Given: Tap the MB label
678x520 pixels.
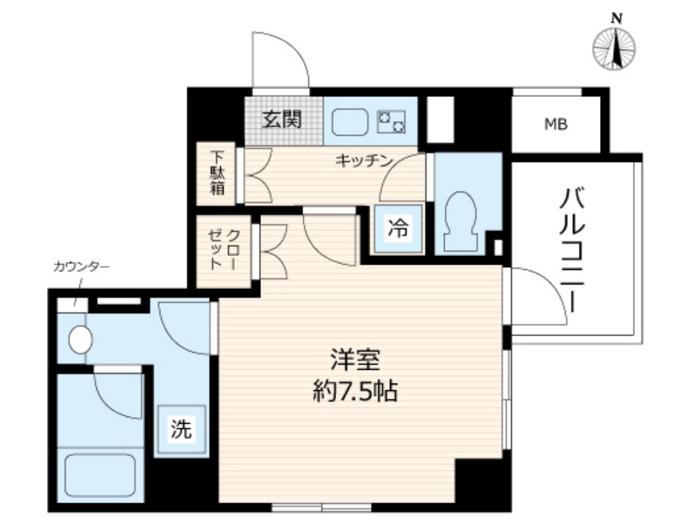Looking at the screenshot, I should pos(557,124).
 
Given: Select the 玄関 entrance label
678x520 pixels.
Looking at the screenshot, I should pos(282,119).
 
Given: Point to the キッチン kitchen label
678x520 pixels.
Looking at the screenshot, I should pos(365,160).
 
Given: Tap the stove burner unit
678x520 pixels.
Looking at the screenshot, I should pos(391,120).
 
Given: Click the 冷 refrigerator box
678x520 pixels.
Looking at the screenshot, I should pos(397,228).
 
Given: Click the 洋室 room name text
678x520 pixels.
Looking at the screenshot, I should pos(355,360).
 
